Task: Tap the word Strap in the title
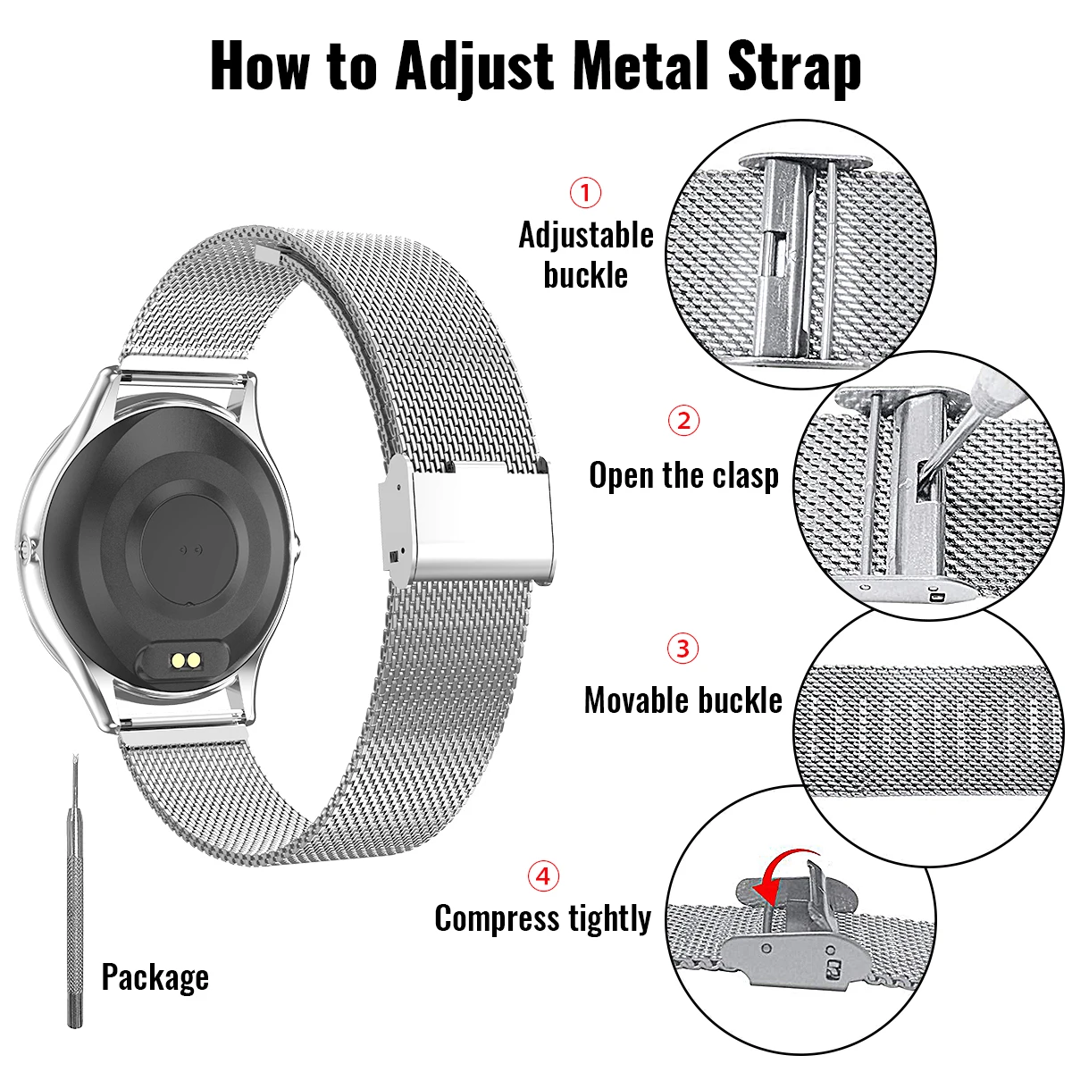click(x=794, y=67)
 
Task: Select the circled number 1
click(x=586, y=192)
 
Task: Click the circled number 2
click(x=684, y=420)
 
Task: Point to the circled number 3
click(x=683, y=648)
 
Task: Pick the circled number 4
click(x=543, y=876)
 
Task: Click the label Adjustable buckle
click(x=586, y=255)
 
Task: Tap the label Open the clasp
click(x=683, y=475)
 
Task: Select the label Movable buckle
click(x=683, y=700)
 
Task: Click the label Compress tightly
click(x=543, y=918)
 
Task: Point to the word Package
click(x=155, y=977)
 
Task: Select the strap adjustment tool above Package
click(x=75, y=893)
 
